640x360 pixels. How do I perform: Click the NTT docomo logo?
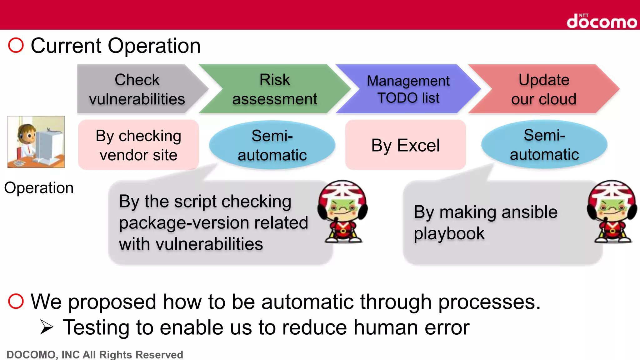(602, 21)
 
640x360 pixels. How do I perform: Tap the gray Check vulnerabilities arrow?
(137, 89)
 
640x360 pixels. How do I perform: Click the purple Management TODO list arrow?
(408, 89)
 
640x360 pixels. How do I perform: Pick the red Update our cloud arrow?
(544, 89)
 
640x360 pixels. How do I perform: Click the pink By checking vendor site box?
(138, 145)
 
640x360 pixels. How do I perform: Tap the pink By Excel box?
(405, 145)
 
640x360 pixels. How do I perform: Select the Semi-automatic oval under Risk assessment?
(272, 145)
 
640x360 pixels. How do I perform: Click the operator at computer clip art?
(36, 142)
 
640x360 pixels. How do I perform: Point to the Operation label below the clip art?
(39, 188)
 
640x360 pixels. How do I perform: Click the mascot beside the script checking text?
(343, 212)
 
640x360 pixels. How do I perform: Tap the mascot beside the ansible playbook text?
(612, 212)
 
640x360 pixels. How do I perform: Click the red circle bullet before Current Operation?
(16, 45)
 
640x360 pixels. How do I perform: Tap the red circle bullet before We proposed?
(16, 301)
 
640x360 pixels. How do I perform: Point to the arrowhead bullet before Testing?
(47, 327)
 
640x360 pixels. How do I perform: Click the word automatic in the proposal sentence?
(307, 302)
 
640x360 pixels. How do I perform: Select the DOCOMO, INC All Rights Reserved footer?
(95, 354)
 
